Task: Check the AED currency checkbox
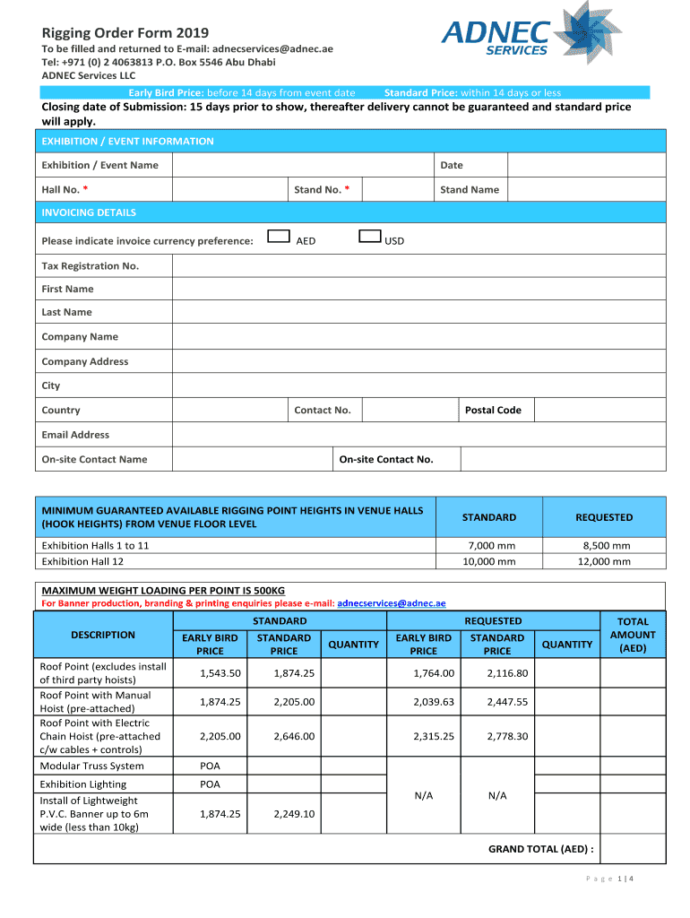tap(280, 237)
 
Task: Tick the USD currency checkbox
tap(369, 237)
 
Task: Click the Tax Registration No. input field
tap(418, 266)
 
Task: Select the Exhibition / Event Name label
tap(99, 165)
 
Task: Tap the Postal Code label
tap(493, 410)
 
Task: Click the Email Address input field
tap(418, 435)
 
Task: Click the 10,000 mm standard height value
tap(489, 562)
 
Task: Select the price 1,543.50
tap(220, 673)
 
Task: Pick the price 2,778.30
tap(507, 736)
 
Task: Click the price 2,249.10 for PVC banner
tap(294, 814)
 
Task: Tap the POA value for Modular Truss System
tap(210, 766)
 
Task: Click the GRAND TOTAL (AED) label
tap(540, 848)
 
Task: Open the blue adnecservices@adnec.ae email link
tap(391, 603)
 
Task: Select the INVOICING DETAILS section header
tap(89, 212)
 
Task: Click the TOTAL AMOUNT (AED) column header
tap(633, 635)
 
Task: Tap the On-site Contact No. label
tap(386, 459)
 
